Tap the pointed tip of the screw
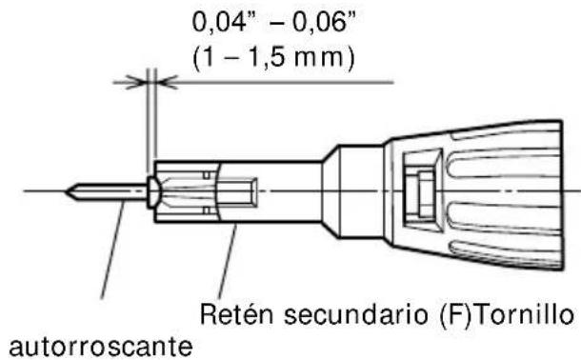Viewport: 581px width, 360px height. point(69,191)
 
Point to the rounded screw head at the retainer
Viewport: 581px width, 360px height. point(153,191)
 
